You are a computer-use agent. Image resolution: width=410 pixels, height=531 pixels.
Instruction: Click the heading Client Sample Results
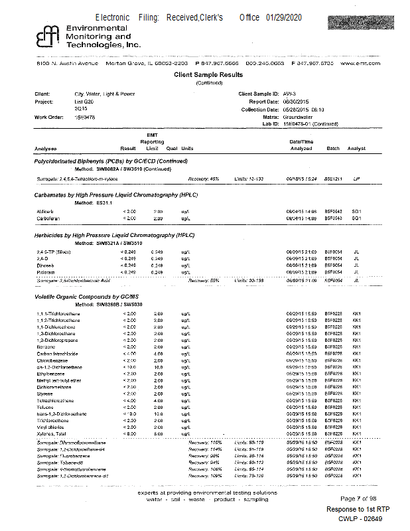(x=208, y=75)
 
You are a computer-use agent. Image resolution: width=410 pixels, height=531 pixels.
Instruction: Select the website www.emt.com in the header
(x=360, y=63)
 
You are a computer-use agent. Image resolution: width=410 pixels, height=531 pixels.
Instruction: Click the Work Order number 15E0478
(x=85, y=117)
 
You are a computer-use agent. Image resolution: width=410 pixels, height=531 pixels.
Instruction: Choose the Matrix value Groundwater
(x=297, y=117)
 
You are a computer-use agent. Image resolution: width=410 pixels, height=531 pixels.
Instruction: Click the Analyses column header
(x=46, y=148)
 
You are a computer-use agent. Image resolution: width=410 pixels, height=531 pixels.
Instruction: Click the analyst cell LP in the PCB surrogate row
(x=356, y=179)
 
